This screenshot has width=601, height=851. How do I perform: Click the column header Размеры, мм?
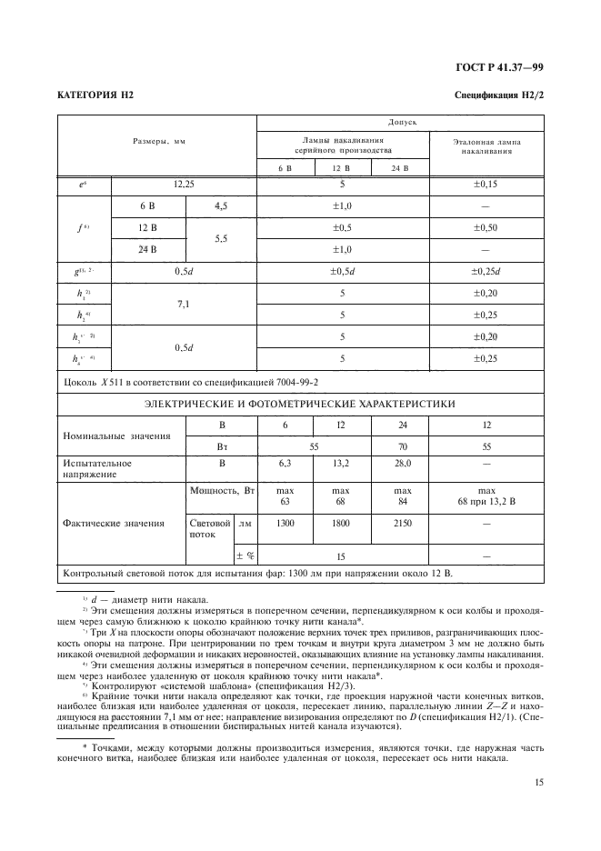click(156, 143)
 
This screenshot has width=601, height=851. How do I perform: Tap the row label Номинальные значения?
click(116, 436)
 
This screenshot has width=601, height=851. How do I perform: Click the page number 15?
click(538, 780)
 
